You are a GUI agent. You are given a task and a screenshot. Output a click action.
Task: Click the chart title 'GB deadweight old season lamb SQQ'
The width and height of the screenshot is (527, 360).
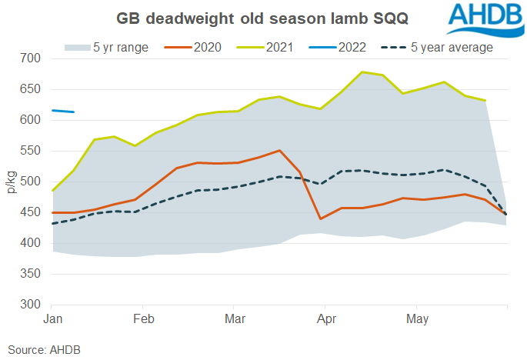(262, 18)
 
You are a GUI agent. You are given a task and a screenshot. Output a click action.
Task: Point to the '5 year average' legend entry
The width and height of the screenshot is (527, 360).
(444, 48)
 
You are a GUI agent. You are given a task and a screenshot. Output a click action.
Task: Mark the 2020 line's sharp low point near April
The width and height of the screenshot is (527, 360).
(320, 219)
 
